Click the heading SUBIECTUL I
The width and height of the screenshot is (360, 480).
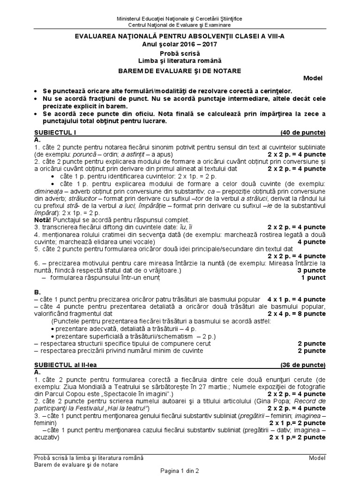click(x=53, y=133)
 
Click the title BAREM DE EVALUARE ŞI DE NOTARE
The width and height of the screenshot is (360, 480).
click(x=180, y=71)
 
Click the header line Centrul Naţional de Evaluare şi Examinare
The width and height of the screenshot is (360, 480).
click(x=180, y=24)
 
